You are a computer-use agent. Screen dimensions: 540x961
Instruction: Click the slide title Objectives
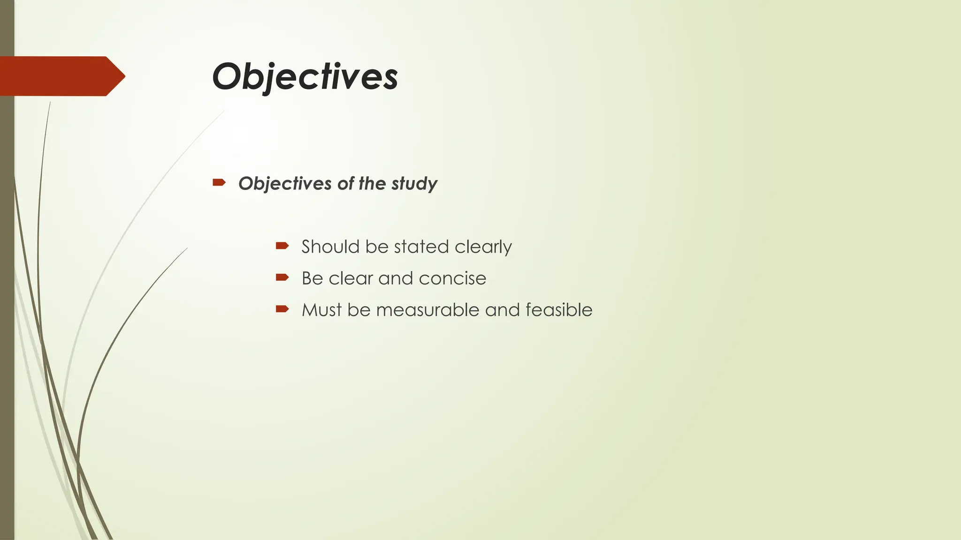tap(305, 76)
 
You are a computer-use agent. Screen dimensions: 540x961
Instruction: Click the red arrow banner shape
tap(61, 76)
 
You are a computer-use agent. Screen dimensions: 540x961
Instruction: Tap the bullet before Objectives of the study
tap(219, 182)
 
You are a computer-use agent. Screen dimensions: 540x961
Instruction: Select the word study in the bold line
tap(414, 184)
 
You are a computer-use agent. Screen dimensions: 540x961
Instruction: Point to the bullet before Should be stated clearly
tap(282, 245)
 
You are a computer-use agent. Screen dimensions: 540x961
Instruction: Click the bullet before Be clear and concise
tap(282, 277)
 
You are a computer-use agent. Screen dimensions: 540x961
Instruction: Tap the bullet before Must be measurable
tap(282, 308)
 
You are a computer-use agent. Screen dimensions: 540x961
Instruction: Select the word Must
tap(321, 310)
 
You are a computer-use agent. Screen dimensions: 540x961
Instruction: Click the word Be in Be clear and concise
tap(312, 278)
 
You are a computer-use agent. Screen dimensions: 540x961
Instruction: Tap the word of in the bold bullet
tap(345, 184)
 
